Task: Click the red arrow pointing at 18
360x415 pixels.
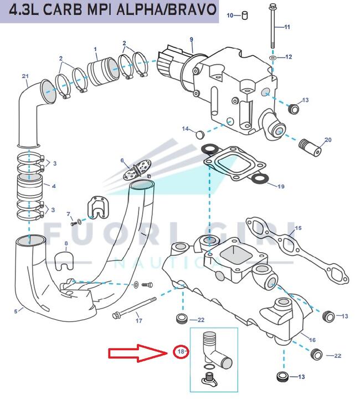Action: pos(138,352)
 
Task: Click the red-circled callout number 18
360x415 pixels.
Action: pos(181,351)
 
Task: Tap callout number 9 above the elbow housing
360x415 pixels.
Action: pos(191,39)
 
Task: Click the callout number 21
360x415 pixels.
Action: pos(25,76)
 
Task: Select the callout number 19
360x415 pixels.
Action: pos(281,187)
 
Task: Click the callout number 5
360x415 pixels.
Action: pos(16,311)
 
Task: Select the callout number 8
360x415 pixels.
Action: pos(66,243)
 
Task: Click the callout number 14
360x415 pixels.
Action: pos(186,129)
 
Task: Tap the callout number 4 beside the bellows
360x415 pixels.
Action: pos(54,186)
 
